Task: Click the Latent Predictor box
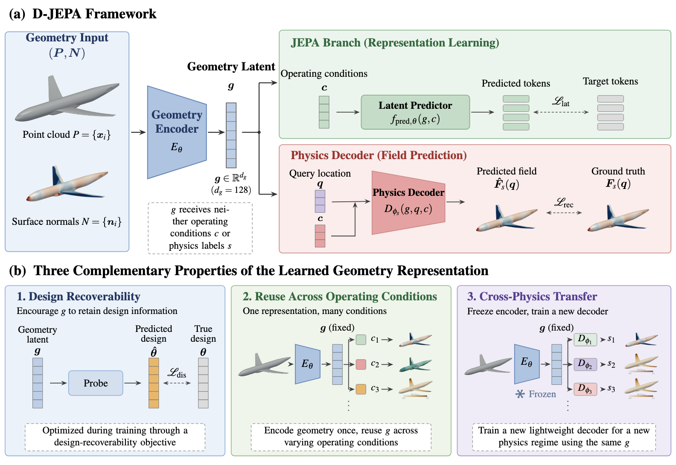click(x=415, y=112)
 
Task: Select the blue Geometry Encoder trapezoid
click(x=177, y=132)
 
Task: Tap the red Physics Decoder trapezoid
click(x=408, y=203)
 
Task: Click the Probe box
click(x=96, y=383)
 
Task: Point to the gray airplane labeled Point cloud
click(x=67, y=99)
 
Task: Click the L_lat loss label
click(x=561, y=102)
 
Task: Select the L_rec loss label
click(x=564, y=203)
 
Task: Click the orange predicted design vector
click(x=154, y=383)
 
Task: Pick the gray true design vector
click(x=203, y=383)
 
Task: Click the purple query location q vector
click(x=320, y=201)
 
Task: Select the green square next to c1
click(x=361, y=340)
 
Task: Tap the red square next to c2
click(x=361, y=364)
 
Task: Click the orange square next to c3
click(x=361, y=389)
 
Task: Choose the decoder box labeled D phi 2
click(x=585, y=364)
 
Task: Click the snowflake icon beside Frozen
click(x=520, y=394)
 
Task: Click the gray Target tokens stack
click(x=611, y=113)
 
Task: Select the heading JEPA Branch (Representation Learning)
click(x=395, y=43)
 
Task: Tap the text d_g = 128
click(x=231, y=190)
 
